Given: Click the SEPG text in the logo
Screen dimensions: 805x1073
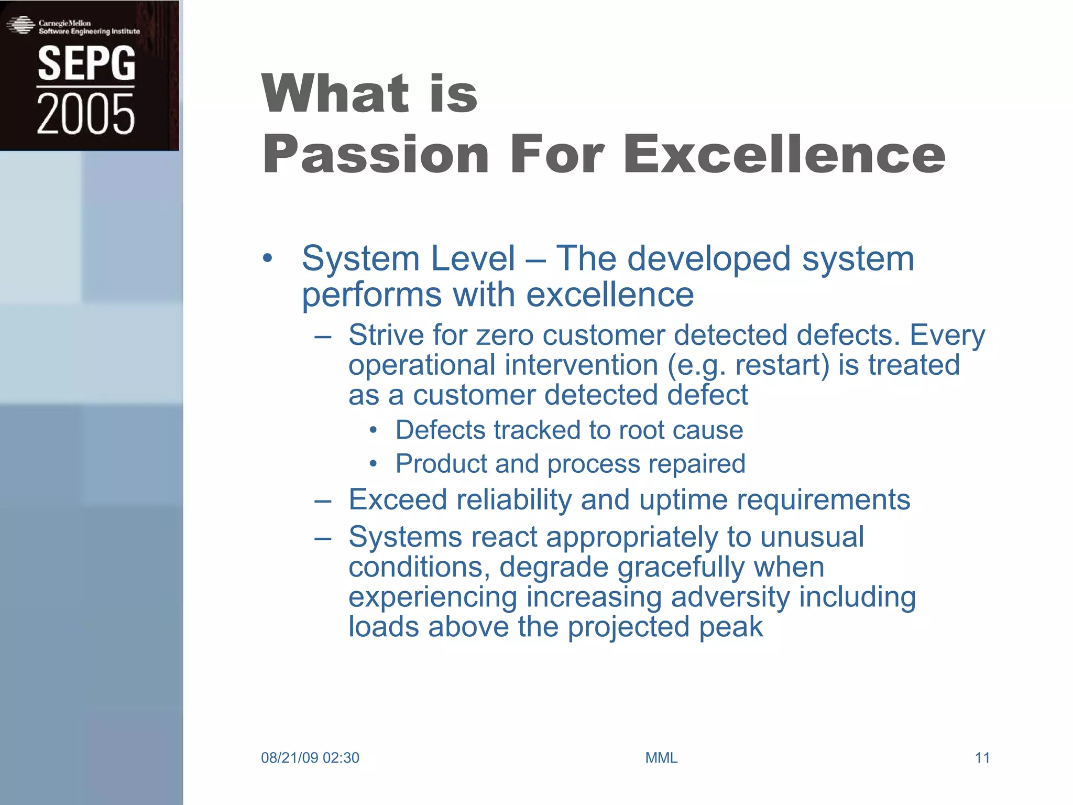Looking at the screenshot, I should pyautogui.click(x=86, y=63).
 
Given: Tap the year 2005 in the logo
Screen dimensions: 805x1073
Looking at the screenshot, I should pyautogui.click(x=85, y=114).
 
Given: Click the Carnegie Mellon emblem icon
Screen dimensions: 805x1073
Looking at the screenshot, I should pyautogui.click(x=20, y=25).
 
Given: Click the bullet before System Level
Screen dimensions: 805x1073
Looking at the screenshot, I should pyautogui.click(x=268, y=258).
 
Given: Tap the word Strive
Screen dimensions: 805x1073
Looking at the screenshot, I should pyautogui.click(x=386, y=335).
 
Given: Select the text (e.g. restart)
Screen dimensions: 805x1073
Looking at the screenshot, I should pyautogui.click(x=748, y=365).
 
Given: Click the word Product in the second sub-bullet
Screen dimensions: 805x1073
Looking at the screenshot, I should pyautogui.click(x=441, y=464).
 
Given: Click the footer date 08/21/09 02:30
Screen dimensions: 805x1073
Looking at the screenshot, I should pyautogui.click(x=310, y=758).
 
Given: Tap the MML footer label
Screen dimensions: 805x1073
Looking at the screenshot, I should pyautogui.click(x=661, y=758).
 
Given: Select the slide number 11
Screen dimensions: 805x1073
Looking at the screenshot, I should pyautogui.click(x=982, y=758).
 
